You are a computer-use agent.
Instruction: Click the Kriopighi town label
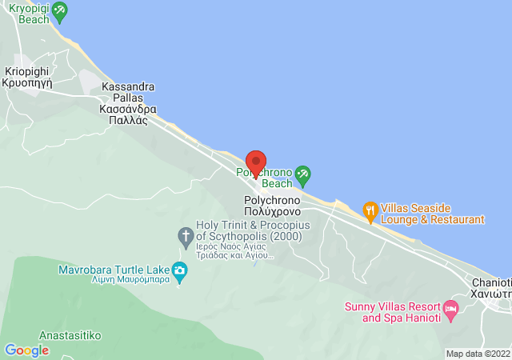[x=27, y=76]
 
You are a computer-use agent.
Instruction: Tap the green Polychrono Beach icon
[x=302, y=174]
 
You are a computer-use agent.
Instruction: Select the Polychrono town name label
[x=271, y=206]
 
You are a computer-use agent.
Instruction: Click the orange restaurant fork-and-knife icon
[x=370, y=212]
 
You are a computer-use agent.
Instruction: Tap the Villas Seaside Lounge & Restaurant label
[x=432, y=213]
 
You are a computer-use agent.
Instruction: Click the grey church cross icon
[x=185, y=235]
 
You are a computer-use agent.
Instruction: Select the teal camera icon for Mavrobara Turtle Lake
[x=179, y=270]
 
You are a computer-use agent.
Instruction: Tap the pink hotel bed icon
[x=450, y=308]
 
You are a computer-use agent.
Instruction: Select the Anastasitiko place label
[x=70, y=335]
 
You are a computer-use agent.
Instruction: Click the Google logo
[x=26, y=350]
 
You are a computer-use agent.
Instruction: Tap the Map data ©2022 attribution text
[x=477, y=354]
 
